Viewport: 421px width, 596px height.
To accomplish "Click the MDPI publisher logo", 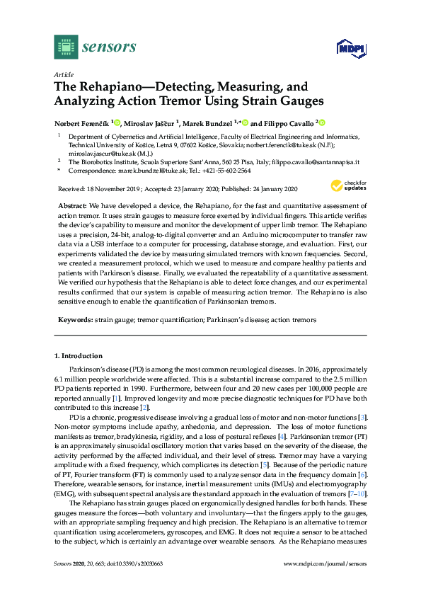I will click(348, 48).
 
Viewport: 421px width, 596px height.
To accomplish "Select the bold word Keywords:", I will click(75, 321).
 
